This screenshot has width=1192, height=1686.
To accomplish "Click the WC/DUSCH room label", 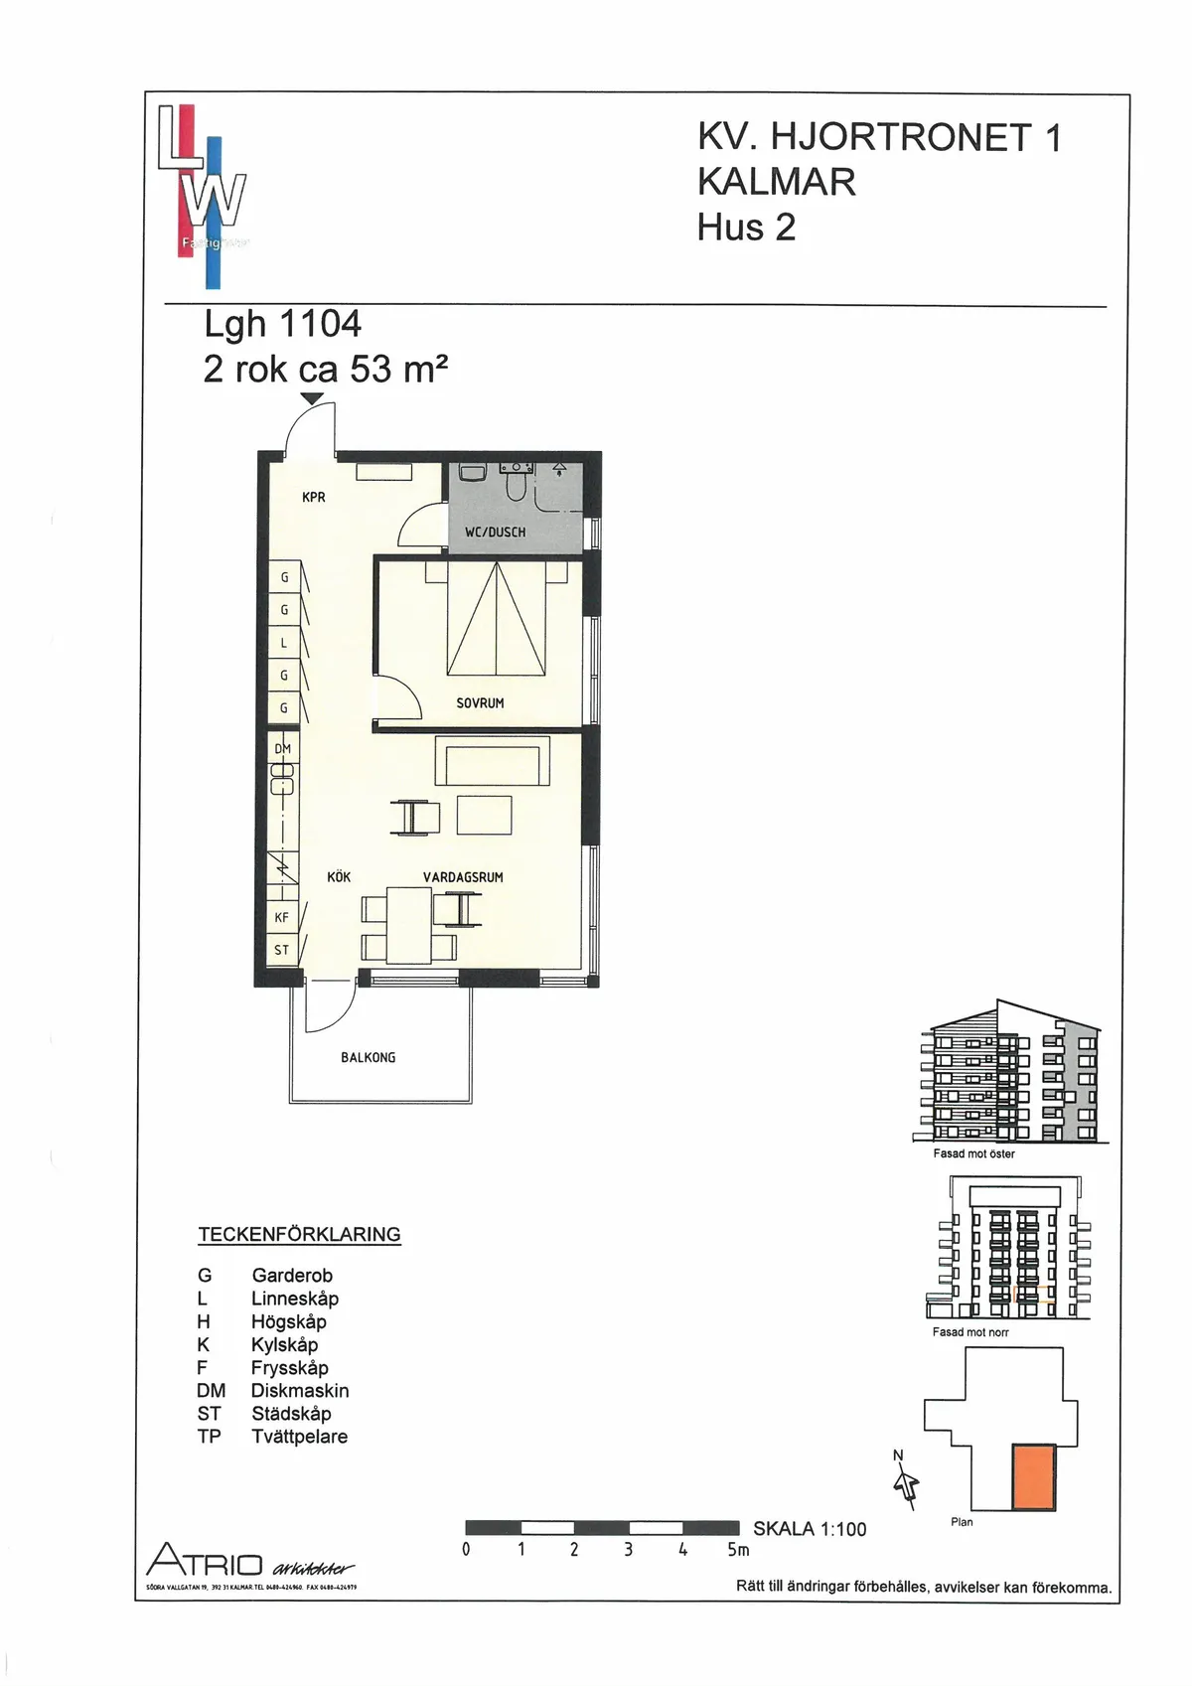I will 495,533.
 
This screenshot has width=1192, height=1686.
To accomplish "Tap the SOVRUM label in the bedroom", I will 480,703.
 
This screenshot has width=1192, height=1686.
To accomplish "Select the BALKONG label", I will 368,1058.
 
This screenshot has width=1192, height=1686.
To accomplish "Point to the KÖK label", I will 339,877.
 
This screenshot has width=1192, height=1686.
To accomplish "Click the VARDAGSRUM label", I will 463,877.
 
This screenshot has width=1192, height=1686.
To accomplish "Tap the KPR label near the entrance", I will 314,497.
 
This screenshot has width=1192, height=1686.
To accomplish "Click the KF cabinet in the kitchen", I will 282,917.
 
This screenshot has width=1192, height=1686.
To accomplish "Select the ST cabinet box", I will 282,950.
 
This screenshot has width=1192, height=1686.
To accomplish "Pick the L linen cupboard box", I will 284,643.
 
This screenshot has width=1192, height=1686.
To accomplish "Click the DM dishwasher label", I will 283,749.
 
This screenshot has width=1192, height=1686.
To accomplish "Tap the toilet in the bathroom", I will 517,484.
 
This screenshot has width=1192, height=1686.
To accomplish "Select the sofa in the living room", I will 493,762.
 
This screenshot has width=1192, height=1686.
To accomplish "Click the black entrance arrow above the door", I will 312,399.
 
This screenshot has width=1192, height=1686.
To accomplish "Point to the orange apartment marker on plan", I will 1033,1477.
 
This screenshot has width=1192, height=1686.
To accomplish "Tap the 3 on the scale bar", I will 629,1549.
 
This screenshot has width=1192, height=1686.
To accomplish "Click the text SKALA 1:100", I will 810,1529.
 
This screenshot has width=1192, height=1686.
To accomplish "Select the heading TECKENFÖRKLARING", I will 299,1235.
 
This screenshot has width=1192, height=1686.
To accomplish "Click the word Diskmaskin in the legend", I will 300,1391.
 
